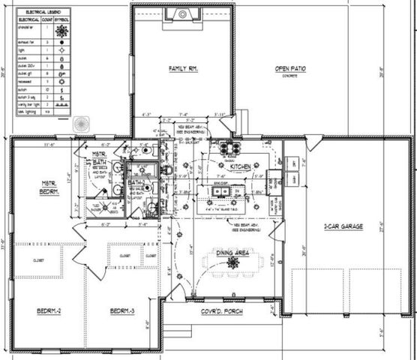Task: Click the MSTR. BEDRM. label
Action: [49, 189]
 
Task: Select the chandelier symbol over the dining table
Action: [233, 263]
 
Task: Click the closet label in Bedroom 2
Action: [37, 260]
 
